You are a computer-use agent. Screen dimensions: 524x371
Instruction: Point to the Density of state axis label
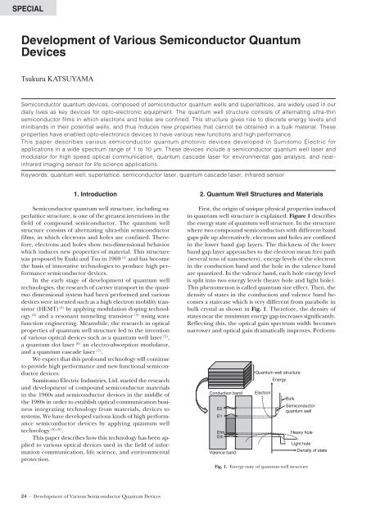pos(335,450)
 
